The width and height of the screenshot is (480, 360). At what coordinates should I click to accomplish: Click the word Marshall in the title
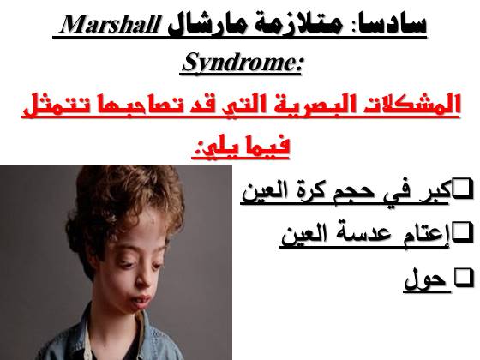pos(108,25)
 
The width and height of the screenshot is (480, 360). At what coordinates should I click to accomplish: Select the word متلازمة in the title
pos(292,25)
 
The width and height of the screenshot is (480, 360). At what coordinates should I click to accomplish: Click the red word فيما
pos(266,147)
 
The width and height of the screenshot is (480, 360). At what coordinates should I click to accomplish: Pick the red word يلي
pos(214,147)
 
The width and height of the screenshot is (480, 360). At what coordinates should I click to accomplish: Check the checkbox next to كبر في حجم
pos(463,189)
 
